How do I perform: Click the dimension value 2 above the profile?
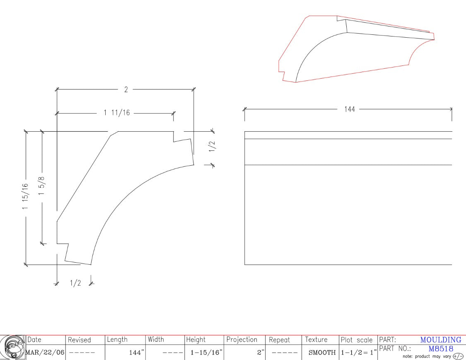(x=126, y=89)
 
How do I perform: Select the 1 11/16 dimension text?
(x=117, y=113)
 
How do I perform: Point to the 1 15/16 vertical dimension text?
(x=25, y=196)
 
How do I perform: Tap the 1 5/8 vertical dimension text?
(x=41, y=186)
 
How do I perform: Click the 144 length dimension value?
(x=350, y=109)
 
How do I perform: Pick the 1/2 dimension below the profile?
(x=75, y=283)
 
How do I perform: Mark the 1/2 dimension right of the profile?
(x=212, y=146)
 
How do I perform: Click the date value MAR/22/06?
(x=45, y=353)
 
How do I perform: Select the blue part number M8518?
(x=441, y=349)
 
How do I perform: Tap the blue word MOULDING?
(x=441, y=340)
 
